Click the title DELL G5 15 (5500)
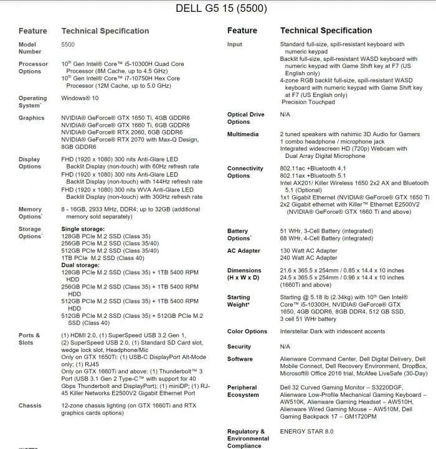click(222, 9)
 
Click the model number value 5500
click(69, 45)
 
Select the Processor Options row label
click(33, 67)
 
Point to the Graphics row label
click(31, 118)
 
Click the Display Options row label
click(31, 163)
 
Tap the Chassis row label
click(30, 405)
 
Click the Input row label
click(235, 45)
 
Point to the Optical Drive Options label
click(246, 118)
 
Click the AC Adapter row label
click(244, 251)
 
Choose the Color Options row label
click(248, 331)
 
